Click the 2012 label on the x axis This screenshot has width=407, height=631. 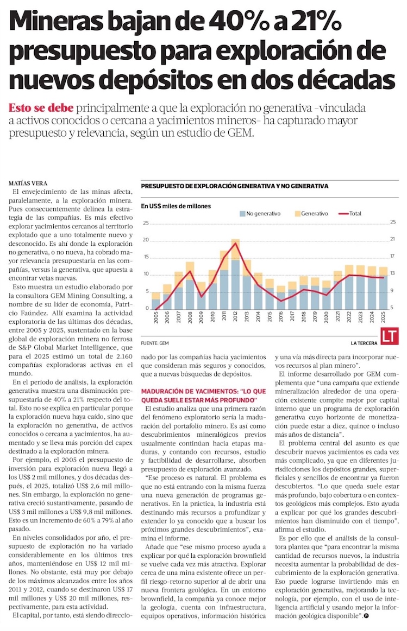pyautogui.click(x=235, y=317)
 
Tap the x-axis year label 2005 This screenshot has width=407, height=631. pyautogui.click(x=156, y=317)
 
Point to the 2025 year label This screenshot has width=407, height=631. pyautogui.click(x=383, y=317)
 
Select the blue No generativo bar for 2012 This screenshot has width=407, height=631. pyautogui.click(x=235, y=284)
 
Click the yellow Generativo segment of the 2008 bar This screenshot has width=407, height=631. pyautogui.click(x=190, y=271)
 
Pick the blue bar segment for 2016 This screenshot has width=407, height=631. pyautogui.click(x=281, y=300)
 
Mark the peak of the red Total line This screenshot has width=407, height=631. pyautogui.click(x=235, y=243)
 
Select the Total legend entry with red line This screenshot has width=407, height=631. pyautogui.click(x=350, y=214)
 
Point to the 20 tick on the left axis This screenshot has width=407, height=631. pyautogui.click(x=146, y=240)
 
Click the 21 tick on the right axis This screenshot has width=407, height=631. pyautogui.click(x=393, y=239)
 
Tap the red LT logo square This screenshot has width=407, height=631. pyautogui.click(x=390, y=336)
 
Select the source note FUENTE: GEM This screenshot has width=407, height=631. pyautogui.click(x=155, y=343)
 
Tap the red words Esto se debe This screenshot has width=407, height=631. pyautogui.click(x=41, y=108)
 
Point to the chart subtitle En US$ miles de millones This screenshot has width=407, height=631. pyautogui.click(x=176, y=206)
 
